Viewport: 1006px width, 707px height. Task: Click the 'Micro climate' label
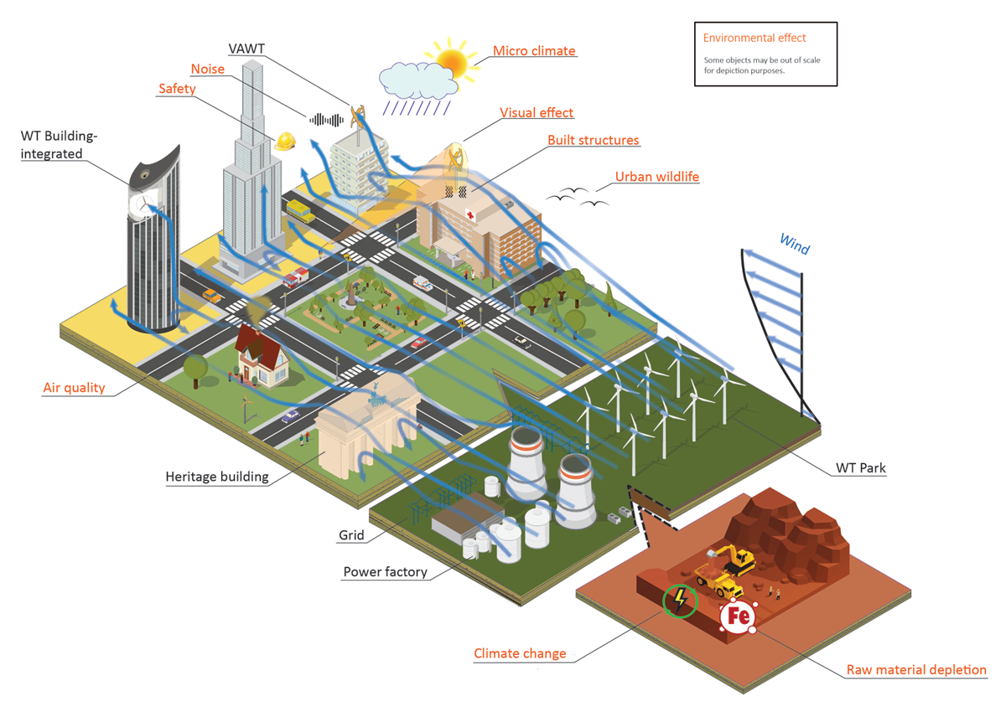coord(534,51)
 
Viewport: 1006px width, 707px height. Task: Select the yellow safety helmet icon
coord(285,142)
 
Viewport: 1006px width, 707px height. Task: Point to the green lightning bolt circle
coord(680,600)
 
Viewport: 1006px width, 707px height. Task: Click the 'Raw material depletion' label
coord(916,670)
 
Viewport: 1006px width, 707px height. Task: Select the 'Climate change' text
coord(520,653)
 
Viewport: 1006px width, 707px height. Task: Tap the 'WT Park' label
coord(860,468)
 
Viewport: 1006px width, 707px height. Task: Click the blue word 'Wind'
coord(795,244)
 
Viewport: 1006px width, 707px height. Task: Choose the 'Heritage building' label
coord(217,477)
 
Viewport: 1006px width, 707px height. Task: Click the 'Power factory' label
coord(385,572)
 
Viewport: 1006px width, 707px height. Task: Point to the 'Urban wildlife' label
coord(656,177)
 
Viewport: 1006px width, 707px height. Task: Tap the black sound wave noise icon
coord(327,120)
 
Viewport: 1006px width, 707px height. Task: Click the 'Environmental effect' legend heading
coord(754,38)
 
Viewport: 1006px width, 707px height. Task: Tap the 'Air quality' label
coord(74,388)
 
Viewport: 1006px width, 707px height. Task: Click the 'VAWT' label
coord(246,49)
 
